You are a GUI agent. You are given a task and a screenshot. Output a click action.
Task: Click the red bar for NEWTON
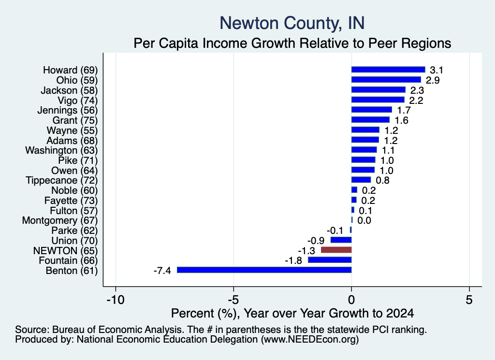[336, 250]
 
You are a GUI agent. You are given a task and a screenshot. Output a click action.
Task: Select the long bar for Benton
[264, 270]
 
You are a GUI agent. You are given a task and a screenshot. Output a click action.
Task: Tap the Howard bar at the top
[388, 70]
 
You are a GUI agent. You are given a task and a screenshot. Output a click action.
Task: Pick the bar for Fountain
[330, 260]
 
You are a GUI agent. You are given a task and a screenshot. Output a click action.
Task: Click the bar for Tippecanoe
[361, 180]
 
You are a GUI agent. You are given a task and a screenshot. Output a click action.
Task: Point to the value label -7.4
[162, 271]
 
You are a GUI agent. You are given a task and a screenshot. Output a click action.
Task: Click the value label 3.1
[437, 70]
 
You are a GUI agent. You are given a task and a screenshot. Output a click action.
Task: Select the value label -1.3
[306, 251]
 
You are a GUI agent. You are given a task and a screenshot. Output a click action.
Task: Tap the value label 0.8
[383, 180]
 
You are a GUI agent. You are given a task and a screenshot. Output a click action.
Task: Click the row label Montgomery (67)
[60, 220]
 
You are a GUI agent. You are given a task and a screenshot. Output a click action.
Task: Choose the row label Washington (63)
[61, 150]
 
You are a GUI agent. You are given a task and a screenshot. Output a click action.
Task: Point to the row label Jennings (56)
[68, 111]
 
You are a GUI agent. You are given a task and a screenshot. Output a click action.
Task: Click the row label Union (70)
[74, 241]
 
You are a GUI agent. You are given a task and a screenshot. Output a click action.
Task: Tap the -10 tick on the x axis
[116, 300]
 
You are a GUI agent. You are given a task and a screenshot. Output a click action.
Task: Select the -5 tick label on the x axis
[233, 300]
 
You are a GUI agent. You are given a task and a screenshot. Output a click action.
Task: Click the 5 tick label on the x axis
[469, 300]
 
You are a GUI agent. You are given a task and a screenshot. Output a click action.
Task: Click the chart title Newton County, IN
[292, 23]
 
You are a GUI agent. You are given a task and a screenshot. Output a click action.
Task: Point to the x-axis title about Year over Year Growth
[292, 313]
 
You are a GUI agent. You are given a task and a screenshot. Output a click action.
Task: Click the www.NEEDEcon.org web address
[310, 340]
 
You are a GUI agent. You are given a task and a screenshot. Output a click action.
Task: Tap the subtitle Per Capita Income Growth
[292, 43]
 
